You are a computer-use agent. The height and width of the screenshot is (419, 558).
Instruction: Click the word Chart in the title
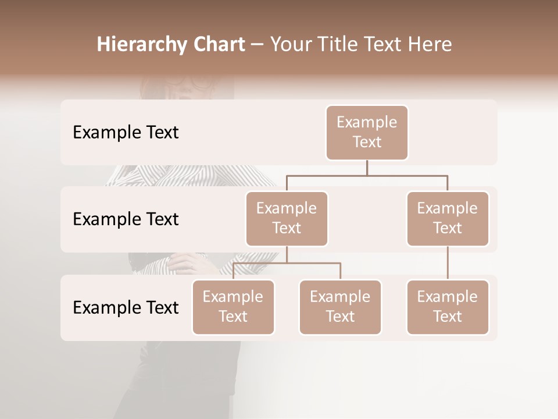[217, 44]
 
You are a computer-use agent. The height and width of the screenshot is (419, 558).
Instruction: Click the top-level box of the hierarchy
[367, 133]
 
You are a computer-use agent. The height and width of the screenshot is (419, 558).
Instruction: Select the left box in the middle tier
[287, 219]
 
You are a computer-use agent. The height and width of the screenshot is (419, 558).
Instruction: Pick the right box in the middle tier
[448, 219]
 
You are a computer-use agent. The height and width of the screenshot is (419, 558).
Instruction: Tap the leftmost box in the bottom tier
[233, 307]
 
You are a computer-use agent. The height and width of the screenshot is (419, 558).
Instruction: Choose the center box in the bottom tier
[340, 307]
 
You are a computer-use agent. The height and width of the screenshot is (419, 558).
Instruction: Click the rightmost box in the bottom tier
[448, 307]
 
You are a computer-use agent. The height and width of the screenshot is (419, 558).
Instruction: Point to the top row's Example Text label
[126, 133]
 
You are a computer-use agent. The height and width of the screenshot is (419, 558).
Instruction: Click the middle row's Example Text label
[126, 219]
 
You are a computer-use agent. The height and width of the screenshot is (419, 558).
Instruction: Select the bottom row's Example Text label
[126, 307]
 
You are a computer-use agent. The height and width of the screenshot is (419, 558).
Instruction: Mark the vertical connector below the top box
[367, 168]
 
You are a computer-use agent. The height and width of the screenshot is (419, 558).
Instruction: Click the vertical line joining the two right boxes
[448, 263]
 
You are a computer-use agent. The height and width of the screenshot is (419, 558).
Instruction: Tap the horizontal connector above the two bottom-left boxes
[287, 264]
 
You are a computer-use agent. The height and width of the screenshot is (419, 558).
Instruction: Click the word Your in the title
[292, 44]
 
